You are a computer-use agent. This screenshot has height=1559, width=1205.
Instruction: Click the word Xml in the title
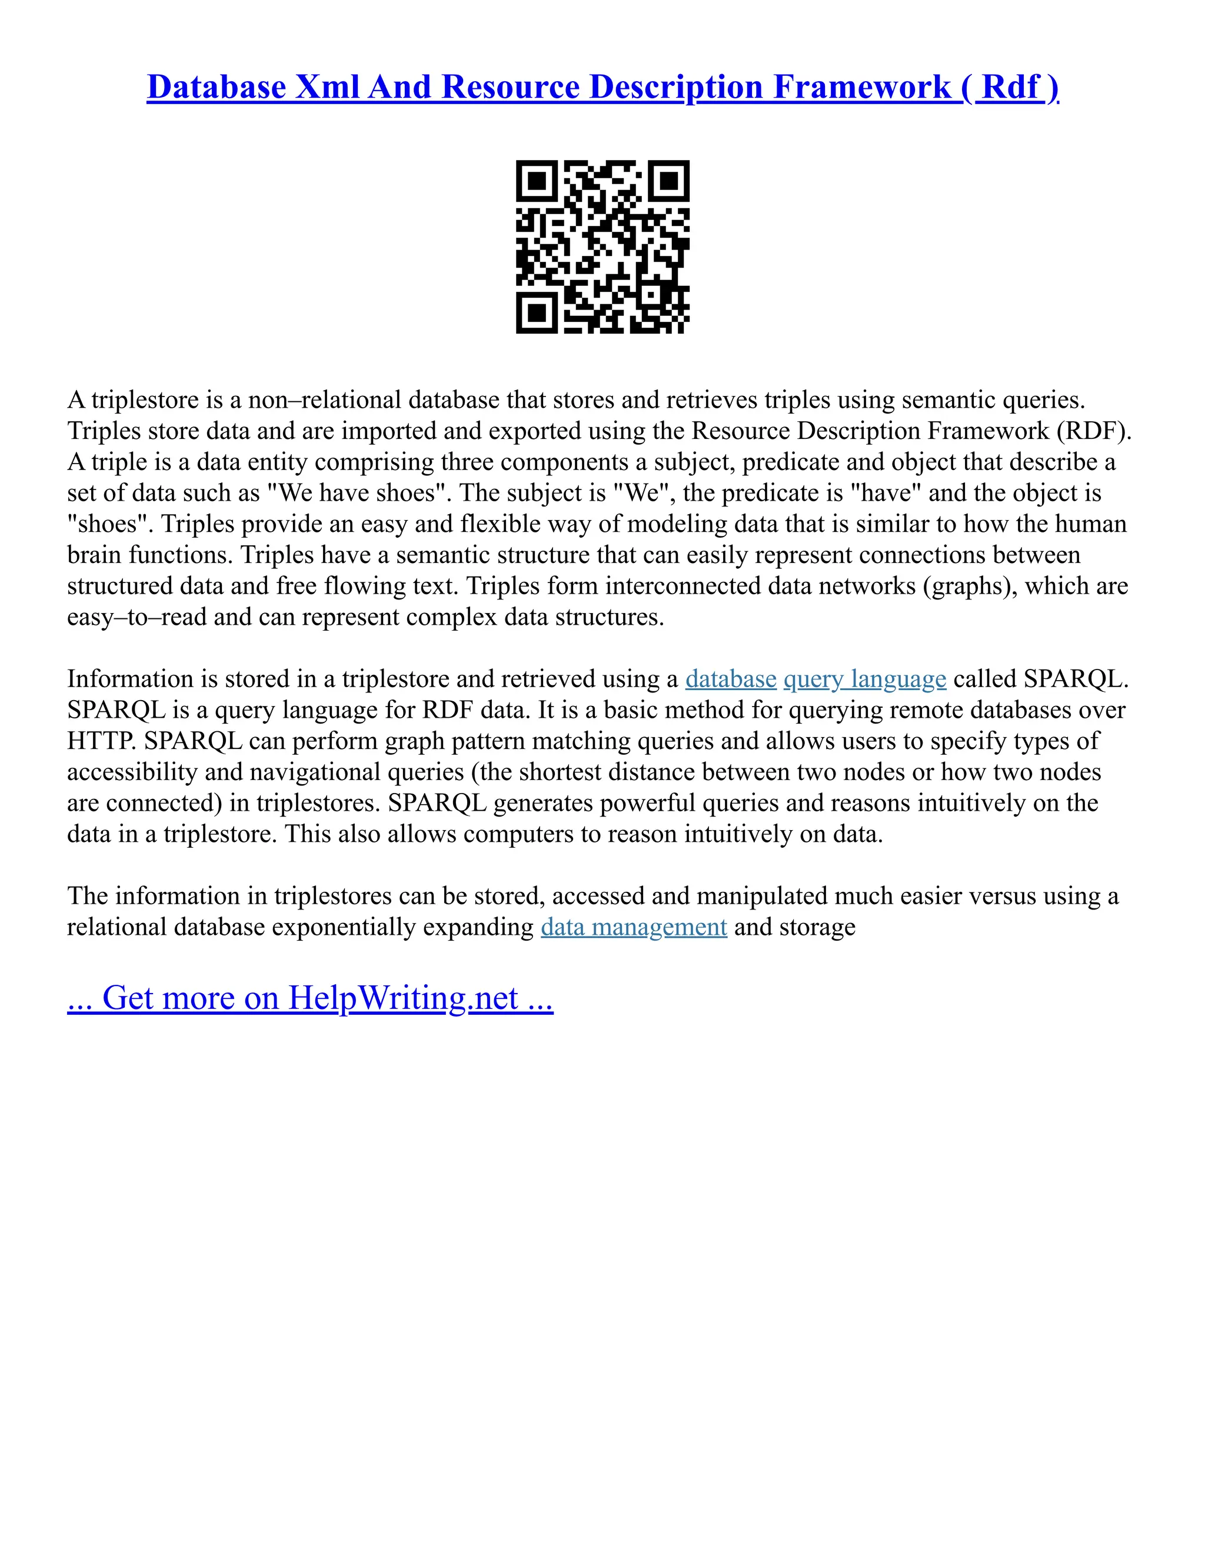[327, 87]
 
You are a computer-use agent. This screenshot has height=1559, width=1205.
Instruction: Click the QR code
[602, 246]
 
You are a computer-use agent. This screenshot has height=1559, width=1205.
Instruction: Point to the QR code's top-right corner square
[669, 181]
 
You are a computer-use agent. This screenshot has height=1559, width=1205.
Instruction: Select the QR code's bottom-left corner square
[537, 312]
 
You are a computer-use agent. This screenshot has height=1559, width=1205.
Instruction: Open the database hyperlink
[730, 679]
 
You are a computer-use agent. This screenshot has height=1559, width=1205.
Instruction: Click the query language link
[864, 679]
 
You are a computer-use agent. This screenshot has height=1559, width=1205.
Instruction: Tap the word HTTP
[101, 741]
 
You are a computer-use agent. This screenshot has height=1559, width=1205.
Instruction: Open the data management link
[634, 927]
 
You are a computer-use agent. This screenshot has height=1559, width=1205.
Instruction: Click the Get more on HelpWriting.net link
[310, 998]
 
